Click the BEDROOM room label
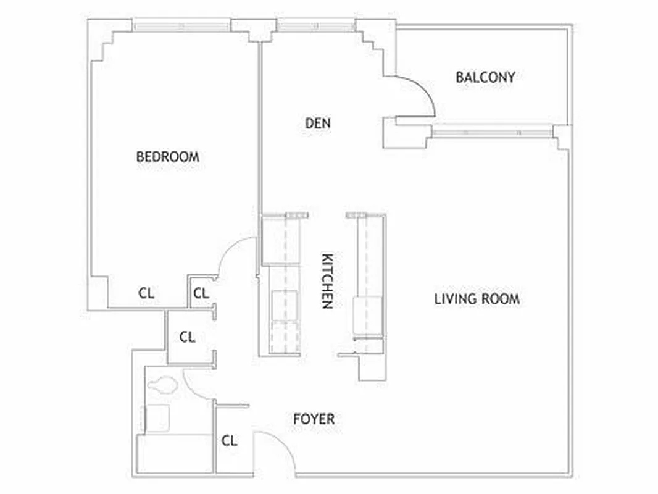[x=167, y=157]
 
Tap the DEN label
[x=318, y=124]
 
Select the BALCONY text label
[x=485, y=77]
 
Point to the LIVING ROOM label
[x=477, y=299]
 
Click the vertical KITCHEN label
[x=328, y=281]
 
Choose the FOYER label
[x=314, y=419]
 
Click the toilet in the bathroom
[x=163, y=386]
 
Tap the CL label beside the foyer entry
[x=229, y=441]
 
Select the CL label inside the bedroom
[x=146, y=293]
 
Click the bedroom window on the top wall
[x=182, y=26]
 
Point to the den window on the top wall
[x=316, y=26]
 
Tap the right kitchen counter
[x=369, y=284]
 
